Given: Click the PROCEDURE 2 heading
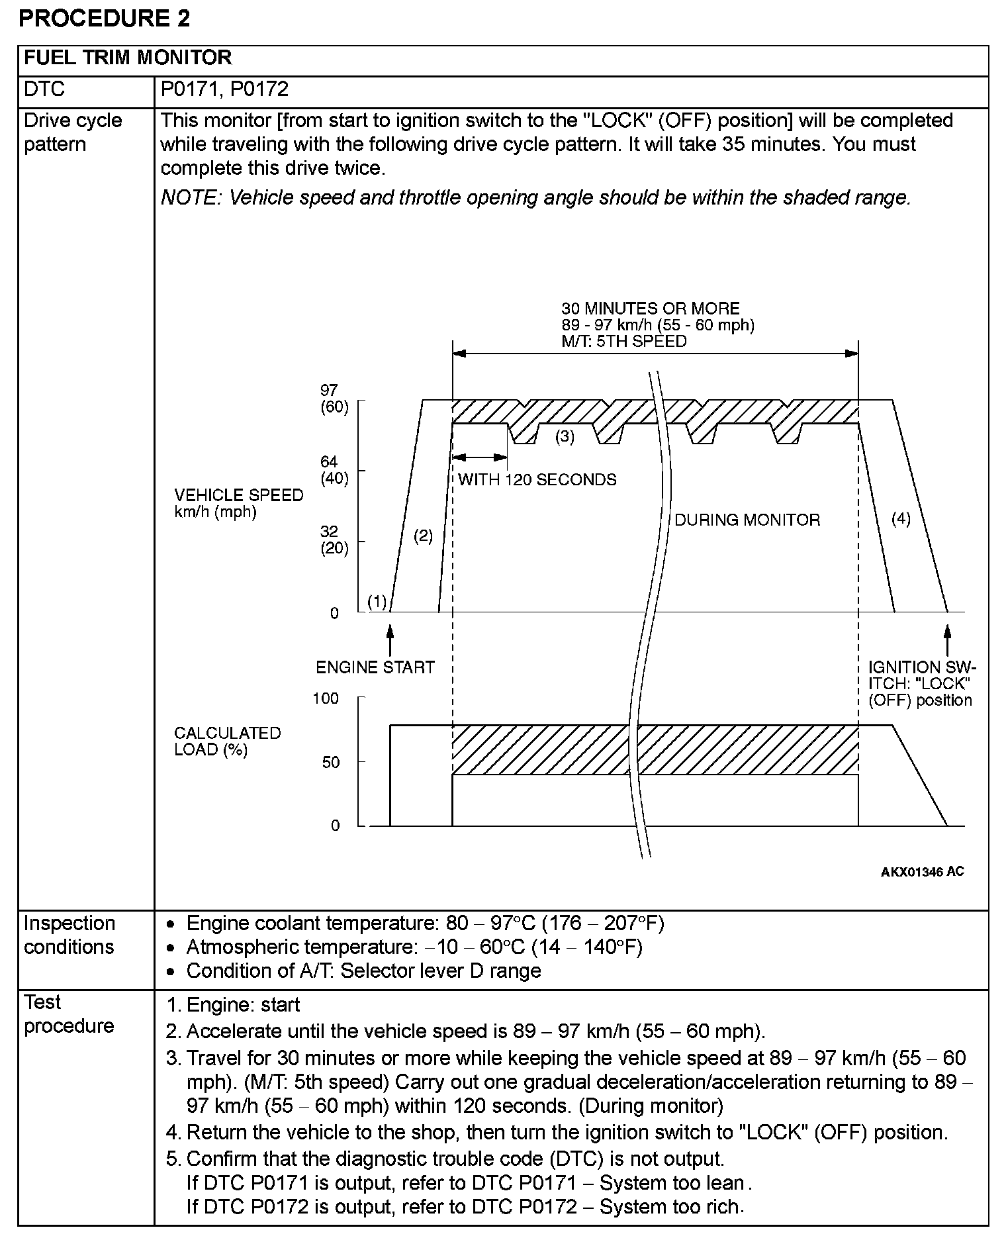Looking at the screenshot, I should tap(104, 18).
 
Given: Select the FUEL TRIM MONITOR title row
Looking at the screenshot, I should tap(128, 58).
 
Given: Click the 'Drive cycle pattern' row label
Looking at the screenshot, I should tap(73, 132).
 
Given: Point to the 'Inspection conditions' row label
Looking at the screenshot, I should tap(69, 935).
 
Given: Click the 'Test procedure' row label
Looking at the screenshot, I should tap(69, 1014).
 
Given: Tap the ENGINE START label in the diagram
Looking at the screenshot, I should tap(375, 667).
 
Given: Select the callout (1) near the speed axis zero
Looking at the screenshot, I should tap(377, 602).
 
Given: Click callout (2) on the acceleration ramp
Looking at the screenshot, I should tap(423, 536).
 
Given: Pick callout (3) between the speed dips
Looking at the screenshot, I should tap(565, 436).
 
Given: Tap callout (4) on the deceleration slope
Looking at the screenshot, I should tap(901, 518).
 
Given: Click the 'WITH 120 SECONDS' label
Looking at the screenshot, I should tap(537, 479).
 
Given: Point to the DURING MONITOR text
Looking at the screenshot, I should tap(747, 520).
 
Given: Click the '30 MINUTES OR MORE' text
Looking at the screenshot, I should tap(650, 309).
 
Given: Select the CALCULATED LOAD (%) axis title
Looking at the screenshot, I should tap(227, 741).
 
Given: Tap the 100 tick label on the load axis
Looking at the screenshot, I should tap(326, 698).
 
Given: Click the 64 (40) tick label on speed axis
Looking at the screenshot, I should tap(334, 470).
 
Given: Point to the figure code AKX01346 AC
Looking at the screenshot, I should tap(922, 871).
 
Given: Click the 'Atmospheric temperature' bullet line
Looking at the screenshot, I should tap(414, 947).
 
